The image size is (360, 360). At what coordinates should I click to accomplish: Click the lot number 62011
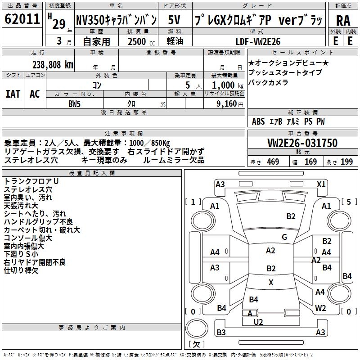[22, 20]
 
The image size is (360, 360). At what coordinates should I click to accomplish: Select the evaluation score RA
[343, 21]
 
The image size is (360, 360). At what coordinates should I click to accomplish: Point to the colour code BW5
[74, 103]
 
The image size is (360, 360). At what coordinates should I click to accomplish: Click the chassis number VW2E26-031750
[302, 143]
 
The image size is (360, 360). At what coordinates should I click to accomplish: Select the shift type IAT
[13, 94]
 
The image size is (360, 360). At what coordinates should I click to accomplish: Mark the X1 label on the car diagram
[321, 184]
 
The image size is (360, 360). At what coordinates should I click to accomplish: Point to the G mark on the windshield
[284, 237]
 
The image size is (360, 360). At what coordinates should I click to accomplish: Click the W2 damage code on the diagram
[320, 308]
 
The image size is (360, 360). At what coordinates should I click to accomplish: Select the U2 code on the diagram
[258, 322]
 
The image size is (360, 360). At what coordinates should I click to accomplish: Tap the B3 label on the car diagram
[221, 333]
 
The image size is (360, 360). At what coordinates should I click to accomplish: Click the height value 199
[346, 162]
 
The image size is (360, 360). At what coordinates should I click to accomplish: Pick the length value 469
[272, 162]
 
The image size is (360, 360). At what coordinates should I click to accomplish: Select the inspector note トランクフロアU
[31, 181]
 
